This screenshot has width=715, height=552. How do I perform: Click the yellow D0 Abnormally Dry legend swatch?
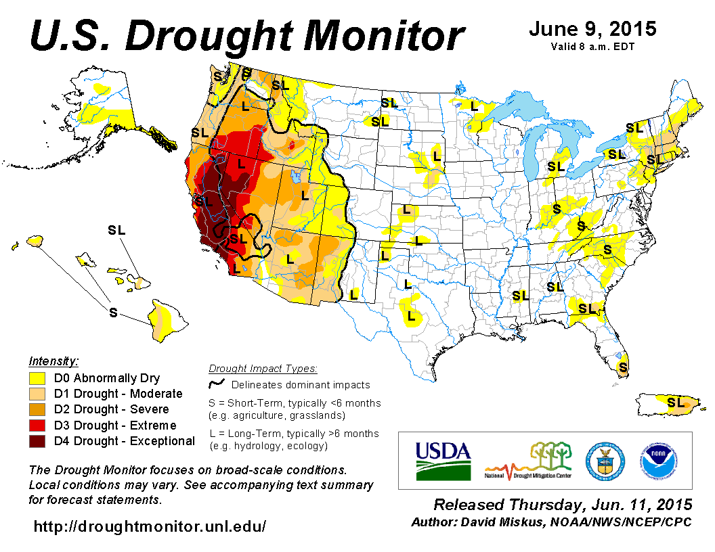[x=37, y=377]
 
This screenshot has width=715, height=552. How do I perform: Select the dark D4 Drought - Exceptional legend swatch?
[x=37, y=441]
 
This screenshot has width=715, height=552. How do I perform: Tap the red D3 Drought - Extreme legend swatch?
[x=37, y=425]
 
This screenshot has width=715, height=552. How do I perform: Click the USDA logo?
[x=443, y=461]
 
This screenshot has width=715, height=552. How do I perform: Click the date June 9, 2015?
[x=592, y=29]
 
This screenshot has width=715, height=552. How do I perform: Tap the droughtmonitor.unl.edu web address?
[x=150, y=526]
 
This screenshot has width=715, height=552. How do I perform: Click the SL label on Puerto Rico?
[x=675, y=402]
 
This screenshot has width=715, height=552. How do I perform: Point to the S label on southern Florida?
[x=623, y=367]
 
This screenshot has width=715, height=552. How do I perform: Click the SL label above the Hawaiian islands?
[x=116, y=230]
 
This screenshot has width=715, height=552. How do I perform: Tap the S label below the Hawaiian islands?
[x=114, y=312]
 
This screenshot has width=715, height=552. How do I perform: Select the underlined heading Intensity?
[x=54, y=361]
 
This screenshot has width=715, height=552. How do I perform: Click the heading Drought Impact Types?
[x=263, y=369]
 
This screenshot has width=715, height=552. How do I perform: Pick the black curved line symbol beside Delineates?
[x=217, y=384]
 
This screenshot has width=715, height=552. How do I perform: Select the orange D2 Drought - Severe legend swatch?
[x=37, y=409]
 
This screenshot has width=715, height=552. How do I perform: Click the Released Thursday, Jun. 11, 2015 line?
[x=563, y=505]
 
